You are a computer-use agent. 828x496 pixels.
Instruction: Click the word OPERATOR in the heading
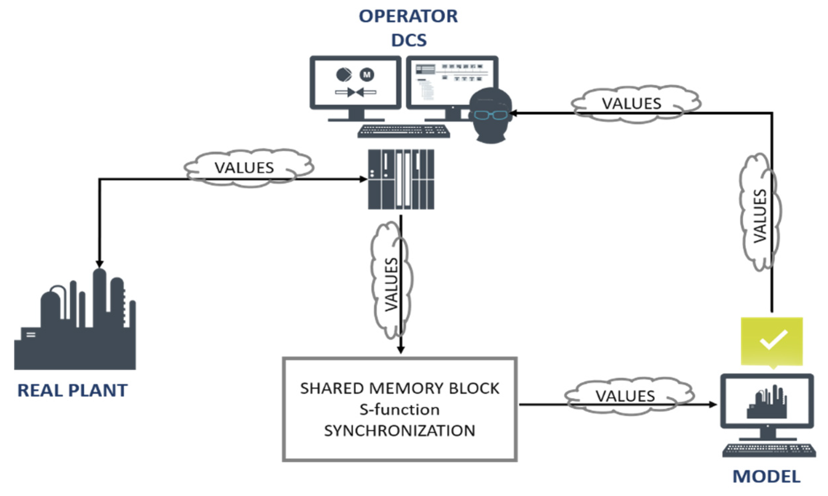pyautogui.click(x=408, y=16)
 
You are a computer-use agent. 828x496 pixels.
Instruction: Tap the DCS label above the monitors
pyautogui.click(x=409, y=40)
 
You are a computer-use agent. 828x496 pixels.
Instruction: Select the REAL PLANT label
pyautogui.click(x=73, y=390)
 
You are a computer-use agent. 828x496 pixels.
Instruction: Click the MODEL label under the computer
pyautogui.click(x=766, y=477)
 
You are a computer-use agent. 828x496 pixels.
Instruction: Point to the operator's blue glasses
pyautogui.click(x=491, y=115)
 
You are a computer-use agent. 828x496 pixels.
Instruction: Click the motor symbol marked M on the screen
pyautogui.click(x=367, y=74)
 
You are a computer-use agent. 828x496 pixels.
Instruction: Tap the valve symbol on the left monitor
pyautogui.click(x=355, y=92)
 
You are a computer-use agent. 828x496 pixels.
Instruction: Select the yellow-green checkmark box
pyautogui.click(x=771, y=342)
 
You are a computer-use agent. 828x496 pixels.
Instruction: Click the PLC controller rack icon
pyautogui.click(x=401, y=180)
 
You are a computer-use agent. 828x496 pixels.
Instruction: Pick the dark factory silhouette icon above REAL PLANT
pyautogui.click(x=75, y=319)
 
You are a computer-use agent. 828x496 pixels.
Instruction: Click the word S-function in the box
pyautogui.click(x=400, y=410)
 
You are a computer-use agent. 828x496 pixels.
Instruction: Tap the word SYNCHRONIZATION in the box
pyautogui.click(x=400, y=431)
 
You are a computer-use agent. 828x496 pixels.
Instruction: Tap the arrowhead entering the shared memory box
pyautogui.click(x=401, y=350)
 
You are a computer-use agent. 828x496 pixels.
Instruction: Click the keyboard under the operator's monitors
pyautogui.click(x=404, y=131)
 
